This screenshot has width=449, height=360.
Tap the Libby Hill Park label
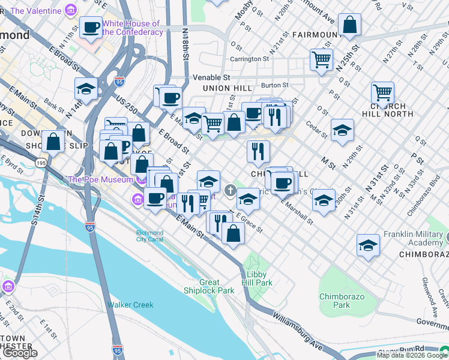coord(257,278)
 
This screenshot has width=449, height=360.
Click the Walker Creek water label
coord(130,305)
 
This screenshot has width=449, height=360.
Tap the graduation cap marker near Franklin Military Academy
coord(369,245)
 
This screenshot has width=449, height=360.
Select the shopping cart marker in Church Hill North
coord(382,92)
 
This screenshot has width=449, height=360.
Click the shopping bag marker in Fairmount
coord(349,25)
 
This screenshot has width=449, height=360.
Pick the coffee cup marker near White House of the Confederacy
coord(91,27)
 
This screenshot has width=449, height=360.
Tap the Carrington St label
coord(250,59)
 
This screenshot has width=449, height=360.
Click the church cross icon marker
coord(230,191)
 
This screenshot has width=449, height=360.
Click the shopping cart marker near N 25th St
coord(321,59)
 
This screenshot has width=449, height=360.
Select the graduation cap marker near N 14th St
coord(86,89)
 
